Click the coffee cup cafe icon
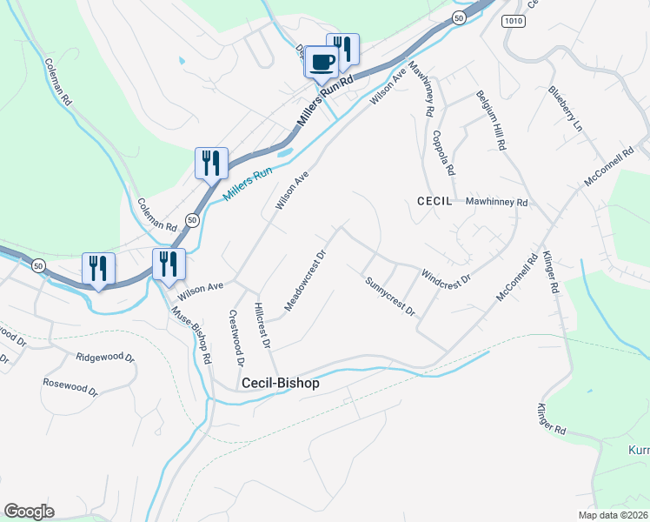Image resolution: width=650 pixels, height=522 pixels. point(322,63)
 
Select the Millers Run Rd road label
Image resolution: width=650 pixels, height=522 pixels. point(325,103)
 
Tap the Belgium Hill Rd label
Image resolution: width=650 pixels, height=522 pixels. point(491,121)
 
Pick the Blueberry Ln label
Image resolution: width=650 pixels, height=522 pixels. point(565,108)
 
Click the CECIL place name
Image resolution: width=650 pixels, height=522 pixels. point(434,200)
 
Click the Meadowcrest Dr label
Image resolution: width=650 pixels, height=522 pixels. point(305,281)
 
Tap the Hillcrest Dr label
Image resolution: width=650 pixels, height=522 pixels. point(263,325)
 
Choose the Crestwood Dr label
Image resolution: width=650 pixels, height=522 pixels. point(235,338)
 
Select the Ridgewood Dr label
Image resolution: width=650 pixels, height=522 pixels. point(105,357)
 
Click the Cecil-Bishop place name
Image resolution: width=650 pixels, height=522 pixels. point(280,383)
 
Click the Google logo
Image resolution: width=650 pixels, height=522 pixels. point(29,512)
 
